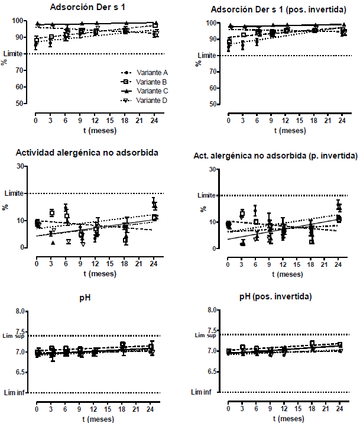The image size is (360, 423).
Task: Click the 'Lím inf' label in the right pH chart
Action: (x=203, y=392)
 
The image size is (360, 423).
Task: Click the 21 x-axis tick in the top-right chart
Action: (x=327, y=120)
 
